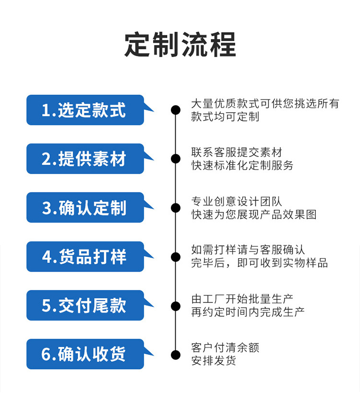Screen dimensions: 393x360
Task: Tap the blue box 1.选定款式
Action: [85, 110]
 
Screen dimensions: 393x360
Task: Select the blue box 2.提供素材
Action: [85, 159]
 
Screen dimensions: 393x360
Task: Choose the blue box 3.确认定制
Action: [85, 208]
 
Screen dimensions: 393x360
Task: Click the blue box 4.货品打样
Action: [85, 257]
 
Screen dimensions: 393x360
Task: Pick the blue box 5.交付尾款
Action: [85, 306]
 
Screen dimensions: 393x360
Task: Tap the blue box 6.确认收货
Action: [85, 354]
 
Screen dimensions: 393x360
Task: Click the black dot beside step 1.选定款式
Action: [176, 110]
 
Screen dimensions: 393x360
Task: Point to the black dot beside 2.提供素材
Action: [176, 159]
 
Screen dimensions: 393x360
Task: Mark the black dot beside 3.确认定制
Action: [176, 208]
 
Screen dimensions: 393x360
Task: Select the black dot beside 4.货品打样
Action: [176, 257]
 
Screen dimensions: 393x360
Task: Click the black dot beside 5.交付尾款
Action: [176, 306]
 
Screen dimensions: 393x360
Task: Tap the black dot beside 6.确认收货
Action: [176, 354]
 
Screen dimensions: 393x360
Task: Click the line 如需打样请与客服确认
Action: [248, 250]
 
